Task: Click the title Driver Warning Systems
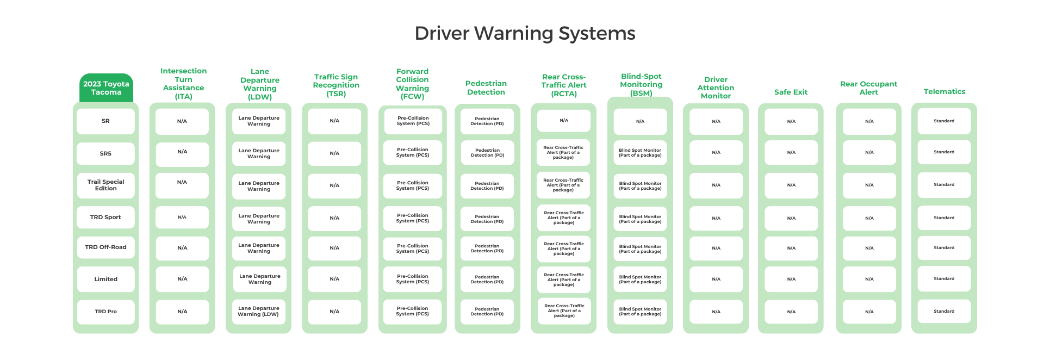click(x=525, y=34)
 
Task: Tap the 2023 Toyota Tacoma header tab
click(x=106, y=88)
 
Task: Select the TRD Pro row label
click(x=105, y=312)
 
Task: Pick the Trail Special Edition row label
click(x=105, y=185)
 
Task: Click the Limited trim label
click(x=105, y=279)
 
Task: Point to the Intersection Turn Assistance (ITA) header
click(x=183, y=84)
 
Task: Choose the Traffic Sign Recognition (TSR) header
click(x=336, y=85)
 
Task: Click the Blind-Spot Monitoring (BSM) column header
click(x=641, y=85)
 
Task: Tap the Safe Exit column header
click(x=791, y=92)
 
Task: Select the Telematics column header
click(x=944, y=92)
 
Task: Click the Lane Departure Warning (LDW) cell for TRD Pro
click(x=258, y=312)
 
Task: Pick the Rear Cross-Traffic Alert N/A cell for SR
click(x=564, y=121)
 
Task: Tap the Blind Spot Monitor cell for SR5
click(x=640, y=153)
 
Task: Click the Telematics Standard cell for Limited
click(x=944, y=279)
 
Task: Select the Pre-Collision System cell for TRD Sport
click(x=413, y=218)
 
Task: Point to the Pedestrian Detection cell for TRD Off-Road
click(x=487, y=249)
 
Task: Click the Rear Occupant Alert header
click(x=868, y=88)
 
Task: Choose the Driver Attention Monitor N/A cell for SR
click(x=716, y=122)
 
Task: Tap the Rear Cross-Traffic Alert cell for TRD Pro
click(x=564, y=311)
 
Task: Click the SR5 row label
click(x=105, y=154)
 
